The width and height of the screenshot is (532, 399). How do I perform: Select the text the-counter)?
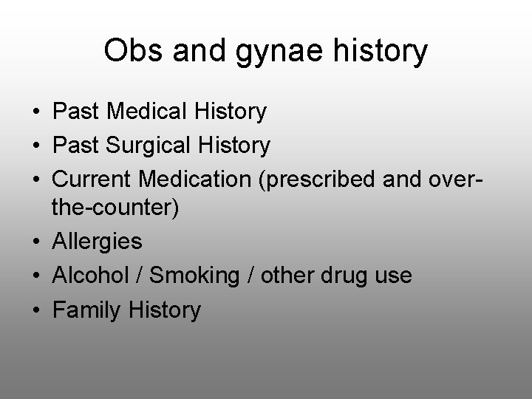(x=115, y=208)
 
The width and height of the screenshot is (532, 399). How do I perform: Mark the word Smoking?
(x=194, y=276)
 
